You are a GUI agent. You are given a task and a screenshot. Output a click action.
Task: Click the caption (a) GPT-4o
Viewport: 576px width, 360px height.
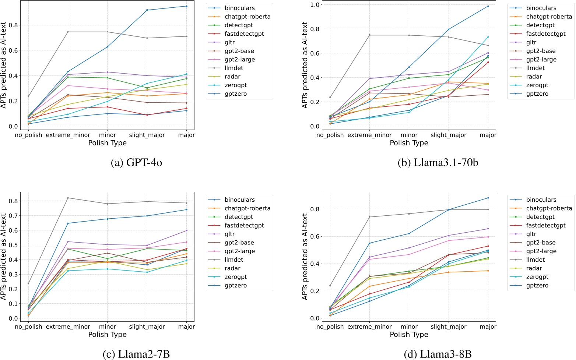click(x=136, y=162)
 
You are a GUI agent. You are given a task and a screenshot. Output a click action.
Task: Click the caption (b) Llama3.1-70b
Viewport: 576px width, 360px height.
click(x=438, y=162)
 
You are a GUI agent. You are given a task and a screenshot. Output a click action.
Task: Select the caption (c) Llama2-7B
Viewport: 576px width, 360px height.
click(x=136, y=354)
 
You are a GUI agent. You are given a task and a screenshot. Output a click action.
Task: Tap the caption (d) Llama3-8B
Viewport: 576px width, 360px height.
click(x=438, y=354)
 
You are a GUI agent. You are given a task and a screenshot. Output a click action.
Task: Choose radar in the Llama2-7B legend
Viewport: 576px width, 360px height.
click(x=232, y=268)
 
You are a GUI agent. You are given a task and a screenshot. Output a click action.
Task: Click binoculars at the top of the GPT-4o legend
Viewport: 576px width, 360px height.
click(x=239, y=8)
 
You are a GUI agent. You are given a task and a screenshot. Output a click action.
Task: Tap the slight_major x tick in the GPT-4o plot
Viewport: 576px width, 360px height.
click(x=147, y=135)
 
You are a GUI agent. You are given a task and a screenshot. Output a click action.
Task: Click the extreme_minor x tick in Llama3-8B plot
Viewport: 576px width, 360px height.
click(x=370, y=327)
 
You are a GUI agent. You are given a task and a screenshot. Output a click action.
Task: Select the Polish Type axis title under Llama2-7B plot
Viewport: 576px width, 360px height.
click(x=107, y=335)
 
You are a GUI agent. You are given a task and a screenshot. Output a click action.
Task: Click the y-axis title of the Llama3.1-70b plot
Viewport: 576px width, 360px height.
click(x=305, y=65)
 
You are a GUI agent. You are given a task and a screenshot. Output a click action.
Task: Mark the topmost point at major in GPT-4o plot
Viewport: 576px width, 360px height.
click(x=186, y=6)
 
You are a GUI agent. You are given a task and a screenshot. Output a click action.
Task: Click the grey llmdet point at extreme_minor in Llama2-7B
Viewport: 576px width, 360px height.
click(x=68, y=198)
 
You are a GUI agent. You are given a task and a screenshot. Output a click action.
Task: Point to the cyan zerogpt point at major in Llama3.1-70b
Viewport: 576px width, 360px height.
click(x=488, y=37)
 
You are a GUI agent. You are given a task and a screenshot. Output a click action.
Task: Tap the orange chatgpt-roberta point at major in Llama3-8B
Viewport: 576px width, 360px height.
click(x=488, y=271)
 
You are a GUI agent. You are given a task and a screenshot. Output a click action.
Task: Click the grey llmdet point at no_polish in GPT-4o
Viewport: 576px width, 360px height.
click(x=28, y=96)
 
